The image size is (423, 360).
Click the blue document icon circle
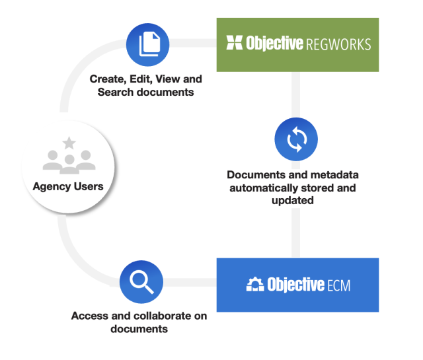pos(148,44)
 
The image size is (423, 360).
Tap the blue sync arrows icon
pos(295,139)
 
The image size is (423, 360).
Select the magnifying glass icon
pos(141,282)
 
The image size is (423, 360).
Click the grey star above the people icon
pos(68,142)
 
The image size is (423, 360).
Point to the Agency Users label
pos(68,186)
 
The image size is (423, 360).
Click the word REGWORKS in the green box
pos(338,44)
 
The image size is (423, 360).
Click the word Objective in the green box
pos(274,44)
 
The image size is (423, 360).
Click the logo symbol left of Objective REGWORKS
pos(234,44)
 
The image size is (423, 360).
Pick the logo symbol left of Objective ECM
pos(255,285)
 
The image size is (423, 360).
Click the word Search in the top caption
pos(114,92)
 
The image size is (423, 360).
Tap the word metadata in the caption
pos(327,175)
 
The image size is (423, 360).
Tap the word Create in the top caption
pos(106,79)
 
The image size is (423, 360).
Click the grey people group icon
pos(68,160)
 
